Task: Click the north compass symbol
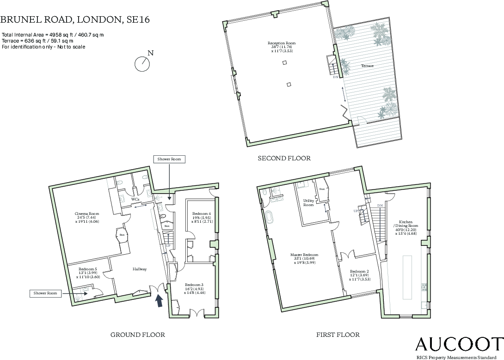(142, 64)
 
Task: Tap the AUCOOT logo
(458, 344)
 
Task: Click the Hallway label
(140, 269)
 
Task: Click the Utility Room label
(308, 202)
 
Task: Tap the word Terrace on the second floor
(367, 66)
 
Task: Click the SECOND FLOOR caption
(284, 158)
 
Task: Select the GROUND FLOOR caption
(137, 335)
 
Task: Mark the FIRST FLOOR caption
(338, 335)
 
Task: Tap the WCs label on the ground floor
(135, 199)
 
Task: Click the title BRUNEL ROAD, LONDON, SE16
(75, 19)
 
